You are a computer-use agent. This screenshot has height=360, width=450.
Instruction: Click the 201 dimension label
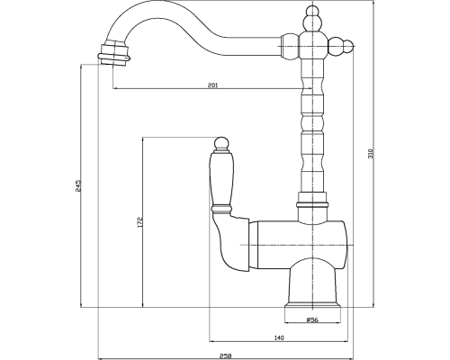212,85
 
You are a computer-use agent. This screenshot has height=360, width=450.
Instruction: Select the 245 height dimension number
78,185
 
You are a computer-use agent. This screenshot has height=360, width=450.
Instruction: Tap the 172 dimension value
139,222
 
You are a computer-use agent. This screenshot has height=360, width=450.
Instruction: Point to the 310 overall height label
371,154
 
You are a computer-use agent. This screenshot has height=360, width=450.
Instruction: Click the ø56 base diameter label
312,319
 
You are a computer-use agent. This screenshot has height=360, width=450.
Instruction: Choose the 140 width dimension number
279,337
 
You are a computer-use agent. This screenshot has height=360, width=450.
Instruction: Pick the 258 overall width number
225,356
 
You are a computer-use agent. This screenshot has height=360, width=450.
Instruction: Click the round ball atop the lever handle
220,143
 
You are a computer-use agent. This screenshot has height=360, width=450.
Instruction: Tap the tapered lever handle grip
220,178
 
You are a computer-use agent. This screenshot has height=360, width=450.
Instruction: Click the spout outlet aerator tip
114,54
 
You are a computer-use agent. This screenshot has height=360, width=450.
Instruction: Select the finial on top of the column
313,18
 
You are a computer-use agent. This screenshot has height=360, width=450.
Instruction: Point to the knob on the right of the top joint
340,47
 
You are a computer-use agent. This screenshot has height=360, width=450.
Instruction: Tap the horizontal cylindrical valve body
299,245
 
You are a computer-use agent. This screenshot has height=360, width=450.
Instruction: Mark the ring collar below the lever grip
221,208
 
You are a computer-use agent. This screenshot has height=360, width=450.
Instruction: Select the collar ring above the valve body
312,205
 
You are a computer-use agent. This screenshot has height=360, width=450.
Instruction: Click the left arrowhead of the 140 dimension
211,341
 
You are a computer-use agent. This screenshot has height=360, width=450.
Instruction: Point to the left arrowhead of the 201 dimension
115,88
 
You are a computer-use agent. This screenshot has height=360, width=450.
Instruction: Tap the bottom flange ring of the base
312,306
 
